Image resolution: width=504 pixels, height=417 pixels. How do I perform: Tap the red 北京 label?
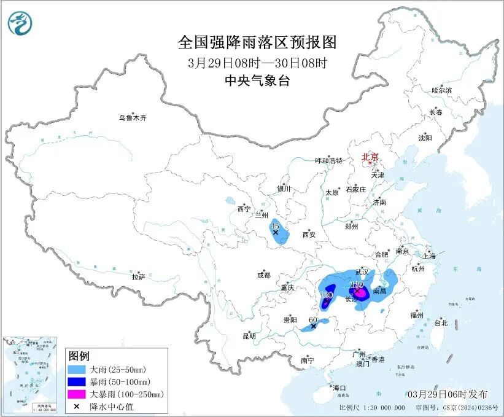pyautogui.click(x=371, y=157)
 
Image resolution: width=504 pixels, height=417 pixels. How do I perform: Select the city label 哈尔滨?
pyautogui.click(x=441, y=90)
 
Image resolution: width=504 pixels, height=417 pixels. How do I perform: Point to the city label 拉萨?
pyautogui.click(x=139, y=277)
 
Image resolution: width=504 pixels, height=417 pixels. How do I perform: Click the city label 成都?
pyautogui.click(x=264, y=276)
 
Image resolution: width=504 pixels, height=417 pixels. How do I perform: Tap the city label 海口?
pyautogui.click(x=339, y=388)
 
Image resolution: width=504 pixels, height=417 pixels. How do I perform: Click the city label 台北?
pyautogui.click(x=441, y=322)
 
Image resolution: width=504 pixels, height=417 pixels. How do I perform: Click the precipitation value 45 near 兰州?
pyautogui.click(x=274, y=226)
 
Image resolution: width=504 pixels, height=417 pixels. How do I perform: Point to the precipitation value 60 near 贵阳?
pyautogui.click(x=312, y=320)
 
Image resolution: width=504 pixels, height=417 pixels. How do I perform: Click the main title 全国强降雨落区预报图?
pyautogui.click(x=258, y=42)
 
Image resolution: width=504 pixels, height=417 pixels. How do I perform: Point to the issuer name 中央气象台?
pyautogui.click(x=258, y=80)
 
